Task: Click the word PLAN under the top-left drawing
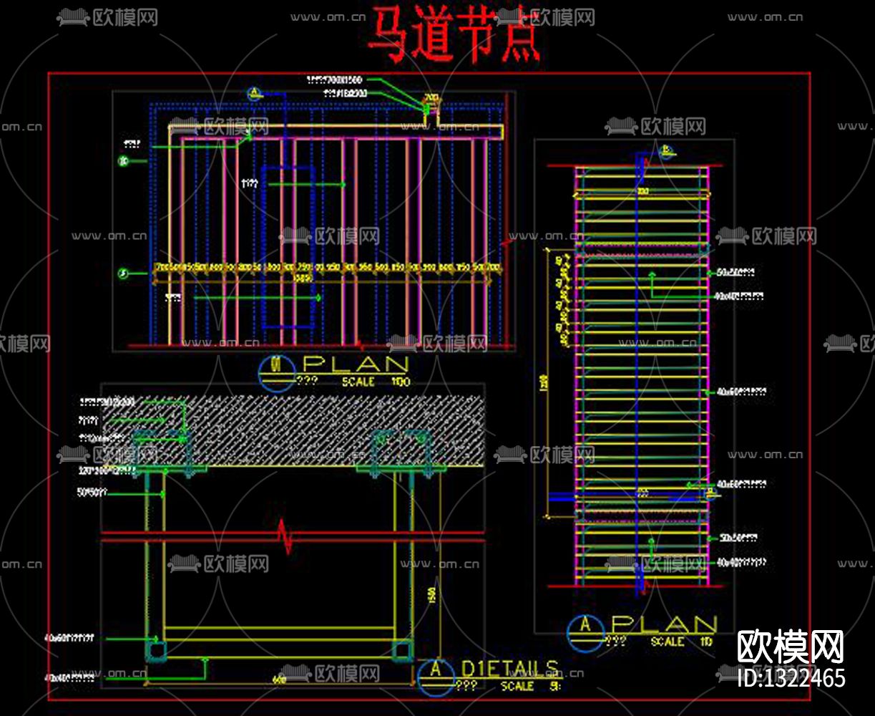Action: [356, 365]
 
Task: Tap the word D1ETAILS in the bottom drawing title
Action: [509, 669]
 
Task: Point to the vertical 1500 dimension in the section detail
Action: [432, 594]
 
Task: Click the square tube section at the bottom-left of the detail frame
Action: [156, 650]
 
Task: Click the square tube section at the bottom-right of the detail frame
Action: [401, 650]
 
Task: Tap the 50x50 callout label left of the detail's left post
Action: [92, 492]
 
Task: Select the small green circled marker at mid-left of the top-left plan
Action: [123, 274]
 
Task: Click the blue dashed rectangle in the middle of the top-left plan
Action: [288, 247]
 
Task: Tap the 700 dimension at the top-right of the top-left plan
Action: [431, 98]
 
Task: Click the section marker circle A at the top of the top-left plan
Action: [253, 93]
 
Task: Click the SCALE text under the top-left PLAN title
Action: [358, 382]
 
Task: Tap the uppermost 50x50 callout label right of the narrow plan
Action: [737, 272]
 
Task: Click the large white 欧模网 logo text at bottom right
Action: [791, 647]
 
